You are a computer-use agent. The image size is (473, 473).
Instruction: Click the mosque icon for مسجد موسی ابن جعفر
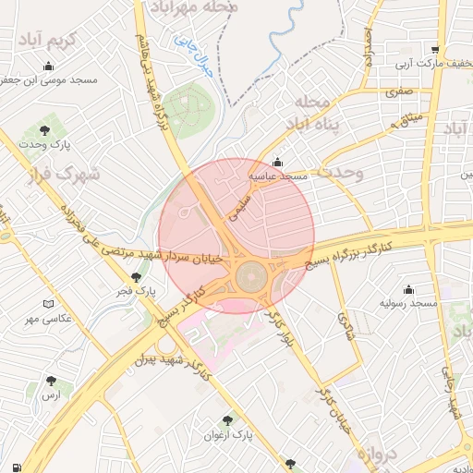[x=48, y=66]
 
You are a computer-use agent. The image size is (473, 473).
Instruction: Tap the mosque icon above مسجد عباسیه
[x=277, y=162]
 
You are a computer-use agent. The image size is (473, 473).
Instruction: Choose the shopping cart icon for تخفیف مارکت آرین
[x=434, y=50]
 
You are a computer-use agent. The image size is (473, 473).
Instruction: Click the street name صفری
[x=399, y=92]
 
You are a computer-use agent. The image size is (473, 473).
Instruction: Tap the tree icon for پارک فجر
[x=137, y=277]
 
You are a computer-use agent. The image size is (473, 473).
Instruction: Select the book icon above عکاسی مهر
[x=49, y=304]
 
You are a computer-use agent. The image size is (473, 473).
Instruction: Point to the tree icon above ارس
[x=51, y=380]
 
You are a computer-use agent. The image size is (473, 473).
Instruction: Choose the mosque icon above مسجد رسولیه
[x=408, y=289]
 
